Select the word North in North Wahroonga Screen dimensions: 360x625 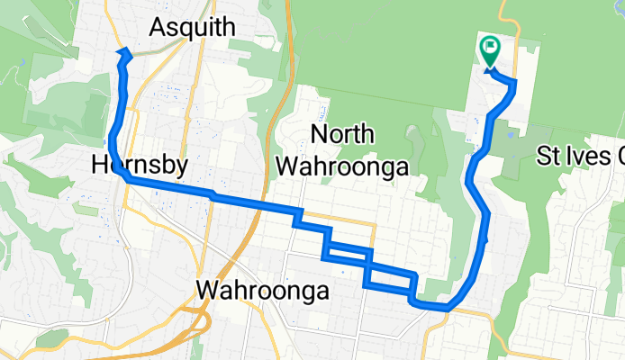click(342, 135)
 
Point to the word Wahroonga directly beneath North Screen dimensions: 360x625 click(342, 166)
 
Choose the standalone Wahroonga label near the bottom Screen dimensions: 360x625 click(263, 291)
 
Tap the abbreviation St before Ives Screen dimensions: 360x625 click(550, 157)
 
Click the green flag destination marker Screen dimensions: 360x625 click(491, 48)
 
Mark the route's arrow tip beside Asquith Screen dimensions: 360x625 click(126, 51)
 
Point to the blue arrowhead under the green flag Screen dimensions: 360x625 click(492, 70)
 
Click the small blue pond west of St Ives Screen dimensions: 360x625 click(511, 135)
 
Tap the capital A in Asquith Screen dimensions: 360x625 click(158, 27)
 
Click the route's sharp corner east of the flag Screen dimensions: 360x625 click(514, 85)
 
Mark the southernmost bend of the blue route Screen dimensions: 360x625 click(441, 307)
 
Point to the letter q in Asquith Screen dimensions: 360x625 click(187, 29)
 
